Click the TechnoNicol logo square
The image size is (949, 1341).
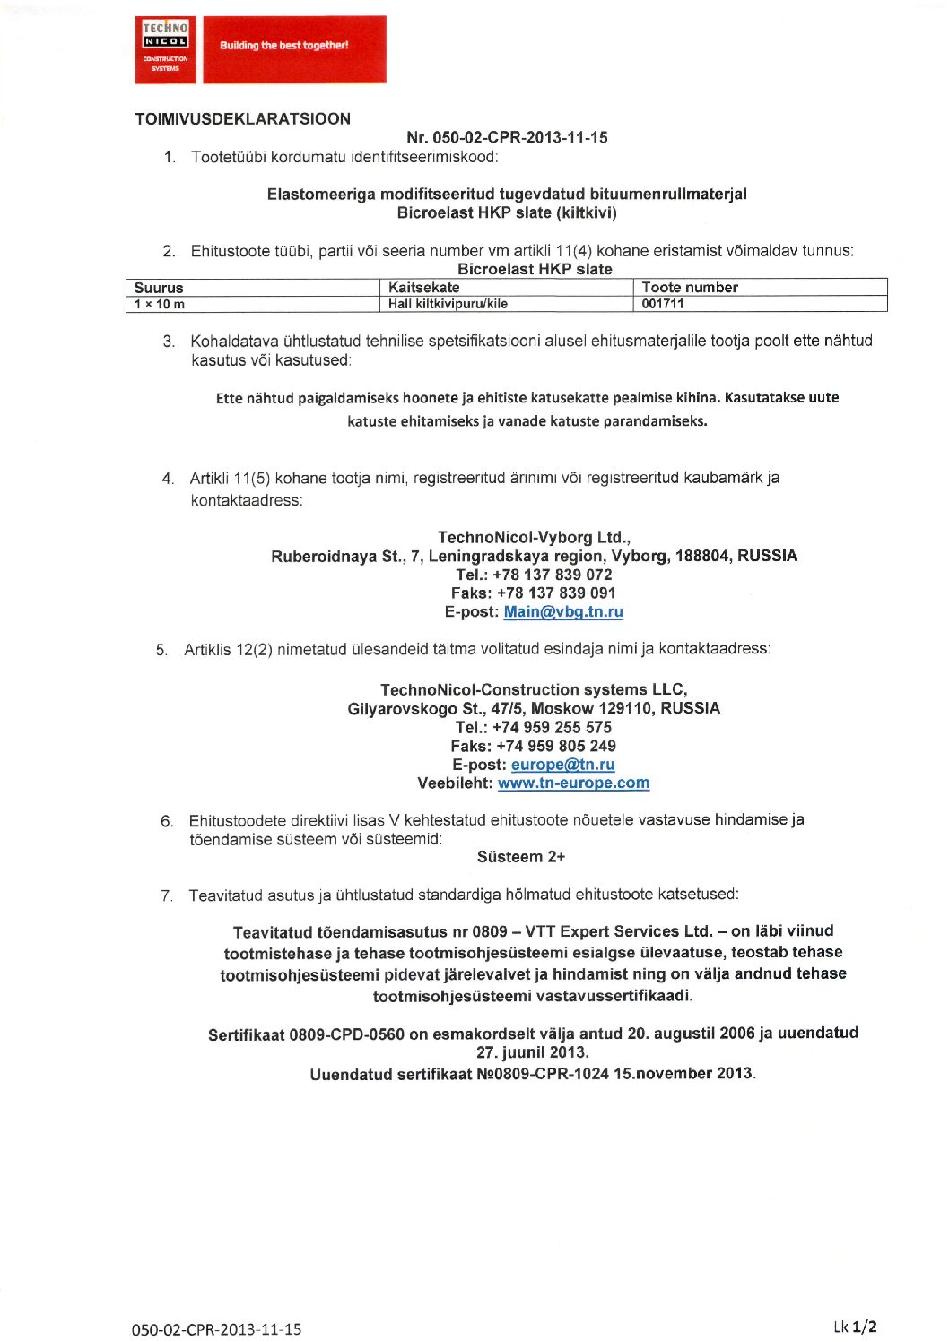pyautogui.click(x=165, y=49)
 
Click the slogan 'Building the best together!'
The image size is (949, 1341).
pyautogui.click(x=284, y=46)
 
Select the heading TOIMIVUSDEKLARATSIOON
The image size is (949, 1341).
pyautogui.click(x=242, y=119)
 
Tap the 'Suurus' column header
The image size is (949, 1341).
pyautogui.click(x=159, y=288)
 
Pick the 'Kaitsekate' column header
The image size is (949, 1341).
pyautogui.click(x=423, y=288)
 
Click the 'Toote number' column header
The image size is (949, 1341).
pyautogui.click(x=690, y=288)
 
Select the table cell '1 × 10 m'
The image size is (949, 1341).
pyautogui.click(x=160, y=304)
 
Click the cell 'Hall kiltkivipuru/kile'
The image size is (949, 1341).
pyautogui.click(x=448, y=304)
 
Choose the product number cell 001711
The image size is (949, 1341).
pyautogui.click(x=663, y=304)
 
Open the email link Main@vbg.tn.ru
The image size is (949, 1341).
pyautogui.click(x=563, y=612)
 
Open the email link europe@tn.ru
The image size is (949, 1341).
pyautogui.click(x=562, y=765)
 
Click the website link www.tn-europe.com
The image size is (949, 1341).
pyautogui.click(x=573, y=783)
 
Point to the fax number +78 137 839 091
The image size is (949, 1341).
pyautogui.click(x=556, y=593)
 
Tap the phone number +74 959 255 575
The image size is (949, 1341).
pyautogui.click(x=552, y=728)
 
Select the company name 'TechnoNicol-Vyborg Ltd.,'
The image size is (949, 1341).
pyautogui.click(x=534, y=537)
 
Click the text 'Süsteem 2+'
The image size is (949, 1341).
pyautogui.click(x=521, y=857)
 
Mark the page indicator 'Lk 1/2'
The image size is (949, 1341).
pyautogui.click(x=854, y=1327)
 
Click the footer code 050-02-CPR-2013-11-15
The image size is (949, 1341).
pyautogui.click(x=216, y=1329)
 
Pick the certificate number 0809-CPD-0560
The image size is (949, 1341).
pyautogui.click(x=346, y=1034)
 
